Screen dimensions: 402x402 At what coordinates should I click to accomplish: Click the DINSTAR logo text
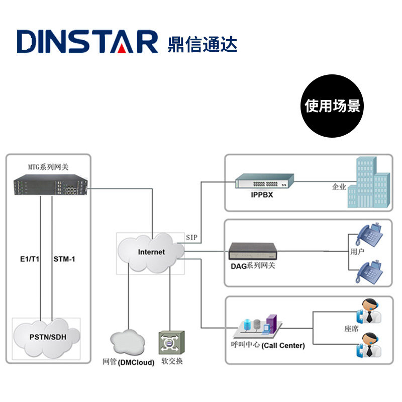coord(87,42)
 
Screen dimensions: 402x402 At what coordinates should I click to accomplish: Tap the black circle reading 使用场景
coord(332,106)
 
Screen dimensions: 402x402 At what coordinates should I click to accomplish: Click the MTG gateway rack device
coord(51,185)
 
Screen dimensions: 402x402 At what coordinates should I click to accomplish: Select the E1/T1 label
coord(30,259)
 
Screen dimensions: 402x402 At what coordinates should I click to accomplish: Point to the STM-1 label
coord(64,259)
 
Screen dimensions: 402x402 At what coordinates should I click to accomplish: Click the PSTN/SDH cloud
coord(47,338)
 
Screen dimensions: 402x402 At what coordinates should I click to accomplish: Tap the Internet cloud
coord(151,253)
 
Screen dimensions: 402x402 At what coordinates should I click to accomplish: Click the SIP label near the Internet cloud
coord(191,237)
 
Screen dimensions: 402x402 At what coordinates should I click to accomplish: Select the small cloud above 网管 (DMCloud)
coord(128,341)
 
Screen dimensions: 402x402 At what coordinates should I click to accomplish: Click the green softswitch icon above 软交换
coord(171,343)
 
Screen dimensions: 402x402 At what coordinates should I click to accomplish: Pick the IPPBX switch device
coord(265,181)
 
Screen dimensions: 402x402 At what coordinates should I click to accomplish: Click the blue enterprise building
coord(369,182)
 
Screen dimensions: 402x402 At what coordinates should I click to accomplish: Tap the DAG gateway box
coord(253,251)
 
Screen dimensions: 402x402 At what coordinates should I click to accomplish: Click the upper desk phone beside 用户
coord(369,235)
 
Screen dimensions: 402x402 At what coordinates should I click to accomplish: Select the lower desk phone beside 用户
coord(369,272)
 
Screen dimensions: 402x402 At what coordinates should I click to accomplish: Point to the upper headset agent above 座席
coord(369,311)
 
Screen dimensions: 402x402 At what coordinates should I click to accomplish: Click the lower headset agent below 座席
coord(369,345)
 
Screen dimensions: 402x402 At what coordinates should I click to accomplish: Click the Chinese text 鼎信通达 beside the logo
coord(203,44)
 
